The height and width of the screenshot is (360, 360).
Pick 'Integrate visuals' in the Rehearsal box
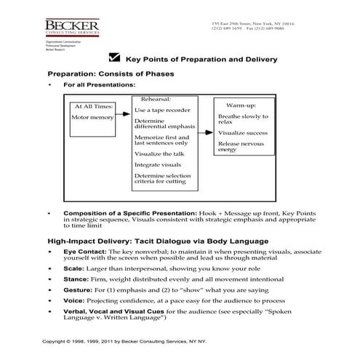(x=157, y=165)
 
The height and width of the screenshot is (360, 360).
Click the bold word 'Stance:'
(x=76, y=279)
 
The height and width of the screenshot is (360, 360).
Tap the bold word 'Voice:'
(x=75, y=300)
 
